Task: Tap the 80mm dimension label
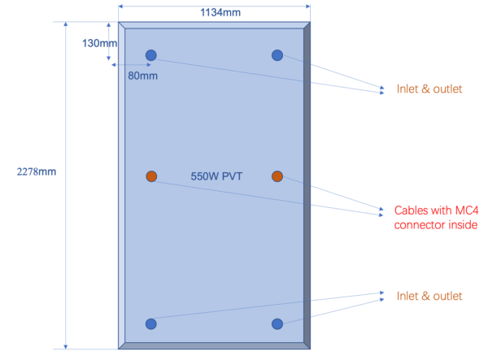click(142, 76)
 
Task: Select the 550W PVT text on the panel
click(216, 176)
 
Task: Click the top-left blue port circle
click(150, 55)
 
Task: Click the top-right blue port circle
click(277, 55)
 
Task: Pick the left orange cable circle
click(150, 176)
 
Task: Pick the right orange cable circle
click(277, 176)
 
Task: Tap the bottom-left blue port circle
click(150, 324)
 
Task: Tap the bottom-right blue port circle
click(277, 324)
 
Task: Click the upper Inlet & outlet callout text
click(429, 89)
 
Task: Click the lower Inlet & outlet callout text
click(429, 295)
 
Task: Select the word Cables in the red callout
click(412, 209)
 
